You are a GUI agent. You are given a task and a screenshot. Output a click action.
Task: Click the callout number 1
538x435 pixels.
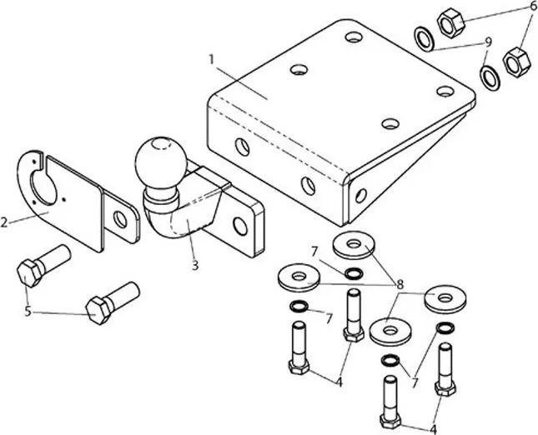coord(211,60)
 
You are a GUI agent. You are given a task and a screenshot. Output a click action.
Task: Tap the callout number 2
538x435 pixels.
coord(4,222)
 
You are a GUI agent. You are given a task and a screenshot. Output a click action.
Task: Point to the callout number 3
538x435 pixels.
coord(195,265)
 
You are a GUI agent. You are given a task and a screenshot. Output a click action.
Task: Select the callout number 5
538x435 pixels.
coord(28,312)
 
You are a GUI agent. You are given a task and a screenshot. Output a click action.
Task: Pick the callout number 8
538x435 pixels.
coord(400,284)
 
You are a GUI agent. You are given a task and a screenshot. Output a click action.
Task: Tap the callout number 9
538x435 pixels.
coord(488,42)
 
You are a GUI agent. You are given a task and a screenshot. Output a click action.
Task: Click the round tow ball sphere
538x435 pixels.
coord(161,162)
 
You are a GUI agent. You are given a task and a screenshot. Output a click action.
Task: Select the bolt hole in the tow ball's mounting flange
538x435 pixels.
coord(240,226)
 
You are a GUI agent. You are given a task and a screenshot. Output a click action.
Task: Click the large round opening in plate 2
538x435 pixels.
coord(44,188)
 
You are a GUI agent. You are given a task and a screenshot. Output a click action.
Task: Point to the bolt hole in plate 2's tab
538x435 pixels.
coord(120,219)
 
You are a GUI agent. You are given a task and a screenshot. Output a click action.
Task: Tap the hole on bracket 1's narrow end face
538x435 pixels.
coord(361,195)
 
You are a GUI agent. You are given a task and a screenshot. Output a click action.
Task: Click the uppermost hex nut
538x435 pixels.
coord(451,22)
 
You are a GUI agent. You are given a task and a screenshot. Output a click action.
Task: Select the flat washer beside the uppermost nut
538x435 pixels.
coord(425,39)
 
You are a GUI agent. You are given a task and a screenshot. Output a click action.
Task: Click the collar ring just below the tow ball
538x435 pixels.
coord(161,197)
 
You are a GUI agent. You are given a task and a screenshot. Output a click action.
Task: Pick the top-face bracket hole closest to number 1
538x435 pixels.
coord(299,69)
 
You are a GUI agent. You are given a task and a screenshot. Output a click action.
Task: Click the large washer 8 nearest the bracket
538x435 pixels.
coord(354,245)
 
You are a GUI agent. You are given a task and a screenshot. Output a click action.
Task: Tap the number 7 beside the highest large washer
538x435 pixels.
coord(315,252)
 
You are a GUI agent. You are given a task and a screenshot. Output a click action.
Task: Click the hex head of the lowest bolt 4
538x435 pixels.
coord(390,420)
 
